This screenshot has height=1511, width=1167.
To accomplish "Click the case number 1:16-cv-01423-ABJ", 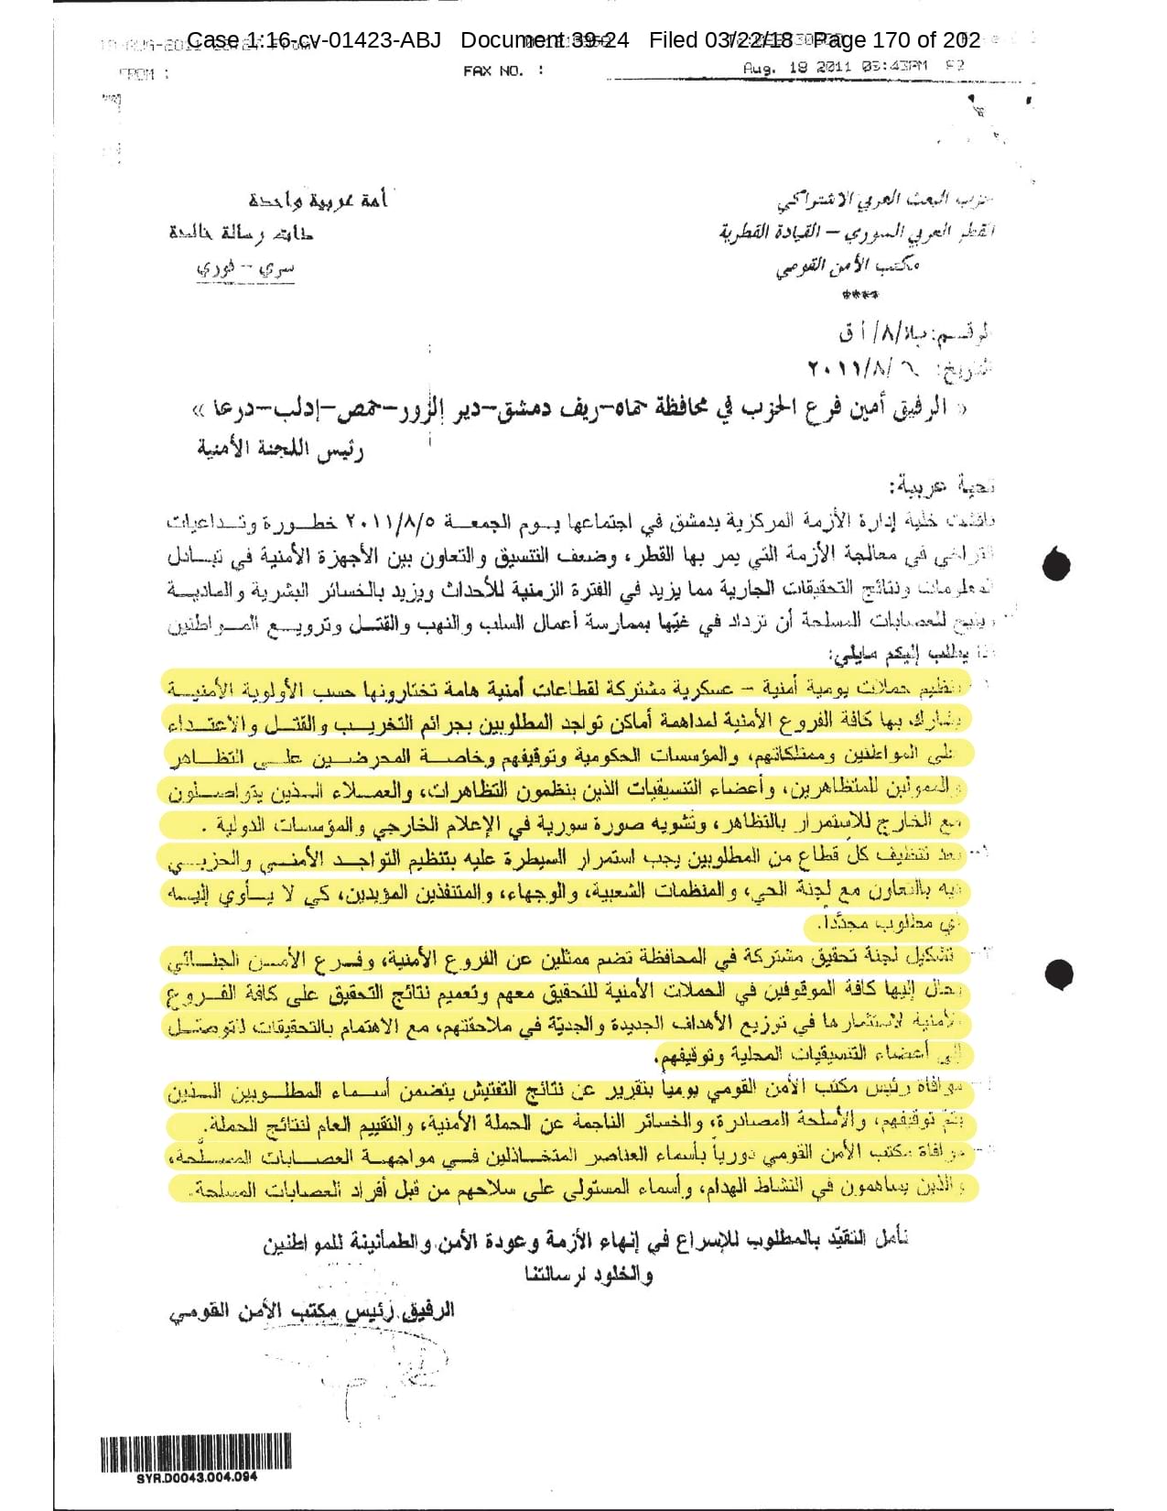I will click(x=313, y=40).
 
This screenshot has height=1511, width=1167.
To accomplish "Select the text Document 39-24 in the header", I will click(x=545, y=40).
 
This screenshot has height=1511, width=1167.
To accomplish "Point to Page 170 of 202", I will click(x=897, y=40).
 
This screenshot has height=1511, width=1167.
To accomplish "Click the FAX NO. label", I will click(x=502, y=71).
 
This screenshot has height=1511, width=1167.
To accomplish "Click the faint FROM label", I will click(x=144, y=73).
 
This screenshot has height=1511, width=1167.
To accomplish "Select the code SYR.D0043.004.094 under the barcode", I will click(x=197, y=1477).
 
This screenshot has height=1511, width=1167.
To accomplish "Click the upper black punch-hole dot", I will click(x=1056, y=564).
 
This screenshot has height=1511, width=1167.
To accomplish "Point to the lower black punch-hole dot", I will click(x=1058, y=973).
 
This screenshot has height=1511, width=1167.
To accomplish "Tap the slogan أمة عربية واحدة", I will click(x=318, y=199).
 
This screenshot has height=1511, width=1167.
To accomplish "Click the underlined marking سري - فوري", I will click(x=245, y=268).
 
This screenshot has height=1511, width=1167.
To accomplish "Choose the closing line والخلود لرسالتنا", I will click(x=589, y=1274).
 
